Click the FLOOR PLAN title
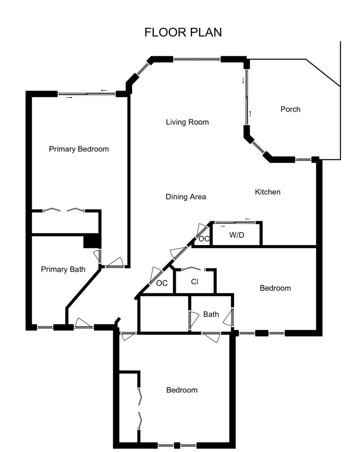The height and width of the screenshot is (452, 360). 183,32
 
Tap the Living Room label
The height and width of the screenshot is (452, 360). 187,122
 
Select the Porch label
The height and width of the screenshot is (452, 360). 290,109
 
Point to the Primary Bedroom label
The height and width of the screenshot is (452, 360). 79,149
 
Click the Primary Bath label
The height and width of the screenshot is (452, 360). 63,269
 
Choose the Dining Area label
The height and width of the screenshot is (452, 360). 186,197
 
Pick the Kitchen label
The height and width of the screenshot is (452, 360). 268,192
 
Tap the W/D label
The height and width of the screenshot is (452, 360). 237,235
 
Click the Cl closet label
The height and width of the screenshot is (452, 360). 195,282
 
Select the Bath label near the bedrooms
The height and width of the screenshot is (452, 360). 211,314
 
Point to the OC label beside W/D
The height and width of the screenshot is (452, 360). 204,239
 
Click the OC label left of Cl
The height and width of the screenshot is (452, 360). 162,283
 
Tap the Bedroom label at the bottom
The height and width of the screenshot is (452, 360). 182,390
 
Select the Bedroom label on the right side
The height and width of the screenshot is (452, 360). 275,288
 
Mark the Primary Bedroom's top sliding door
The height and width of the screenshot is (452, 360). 87,94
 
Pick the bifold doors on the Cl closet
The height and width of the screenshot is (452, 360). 193,269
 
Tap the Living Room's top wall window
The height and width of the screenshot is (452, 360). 197,59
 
